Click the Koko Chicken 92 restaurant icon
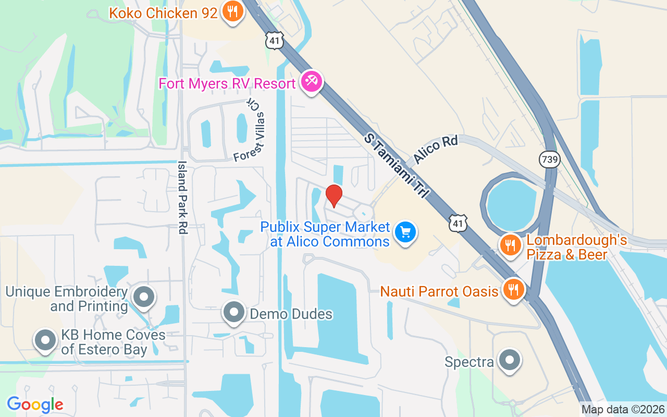click(232, 11)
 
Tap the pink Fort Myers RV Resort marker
click(312, 82)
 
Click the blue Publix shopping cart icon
click(405, 231)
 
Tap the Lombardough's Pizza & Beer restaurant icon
click(510, 246)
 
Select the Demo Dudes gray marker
click(234, 313)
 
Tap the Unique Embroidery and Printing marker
click(144, 298)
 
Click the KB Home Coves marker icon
click(45, 340)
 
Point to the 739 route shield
click(550, 160)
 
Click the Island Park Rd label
click(182, 197)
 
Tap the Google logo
click(35, 404)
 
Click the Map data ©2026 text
click(623, 410)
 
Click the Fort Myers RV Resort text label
click(227, 83)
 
